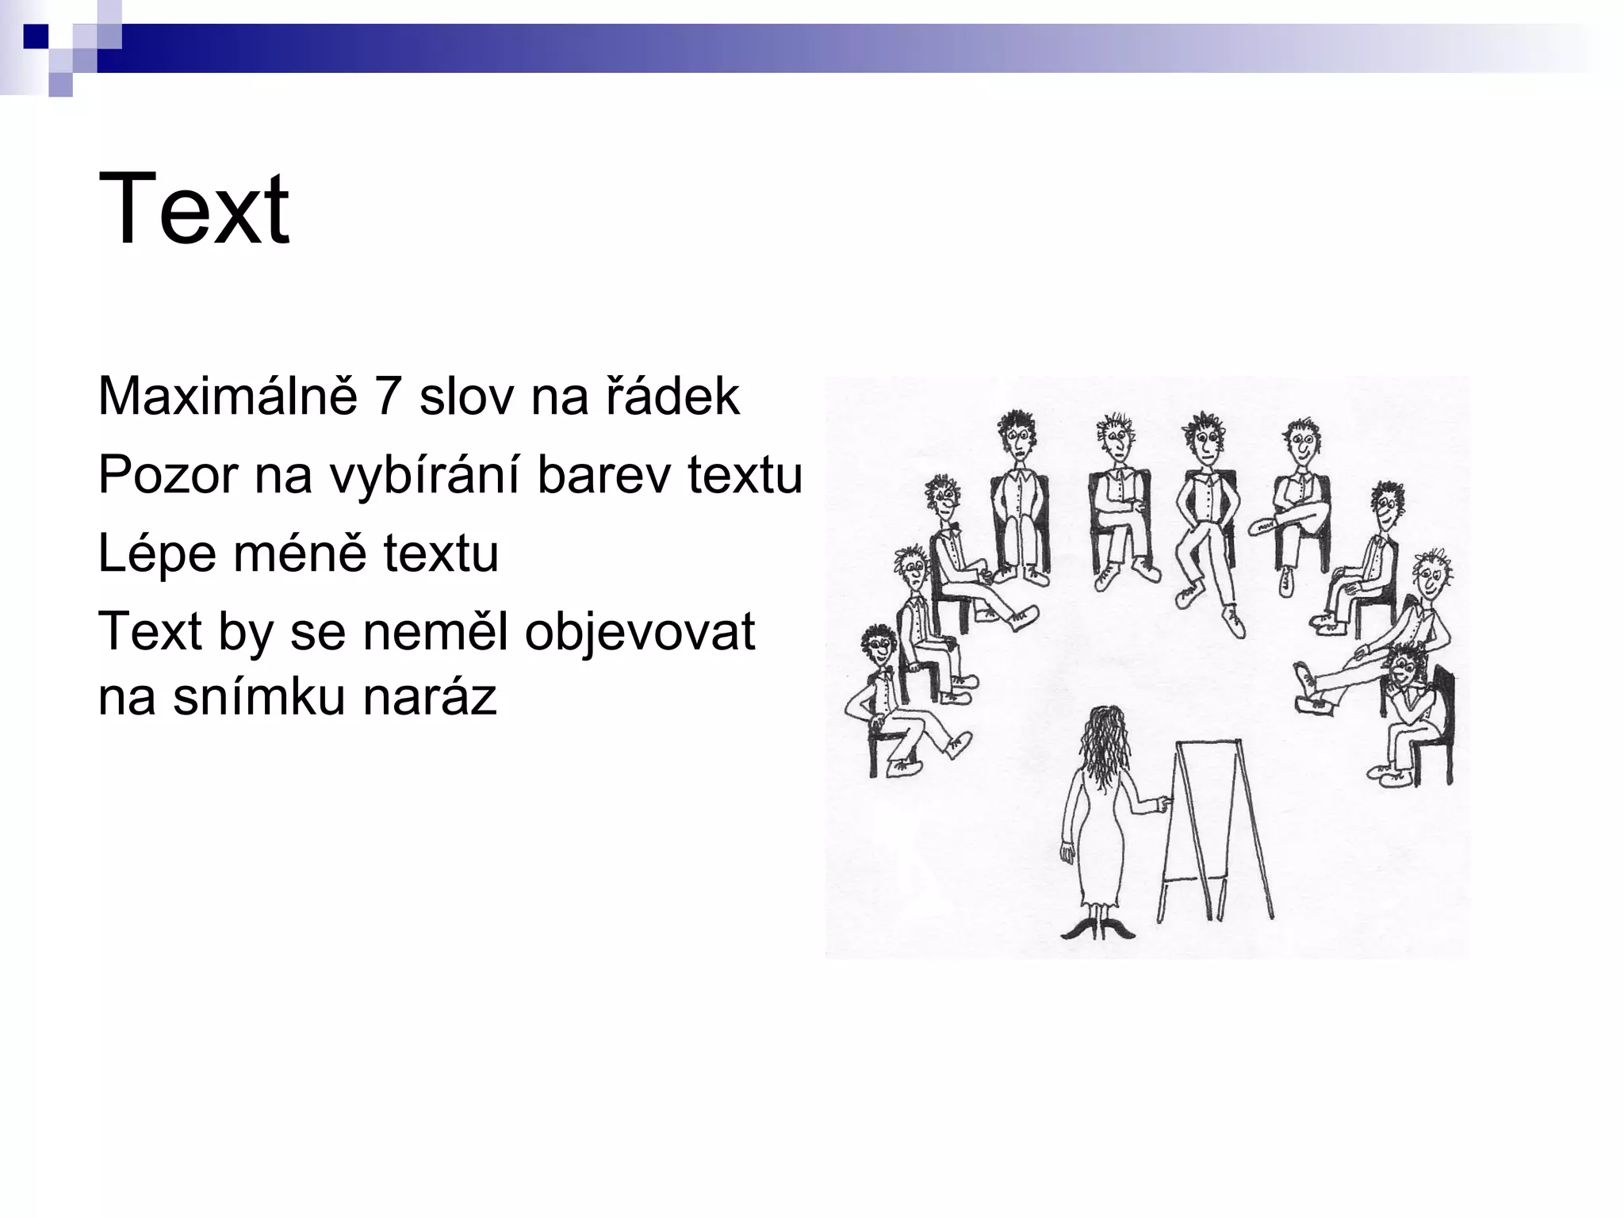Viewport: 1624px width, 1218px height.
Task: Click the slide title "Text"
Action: click(x=193, y=209)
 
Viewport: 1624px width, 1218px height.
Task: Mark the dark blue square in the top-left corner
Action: click(x=36, y=36)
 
